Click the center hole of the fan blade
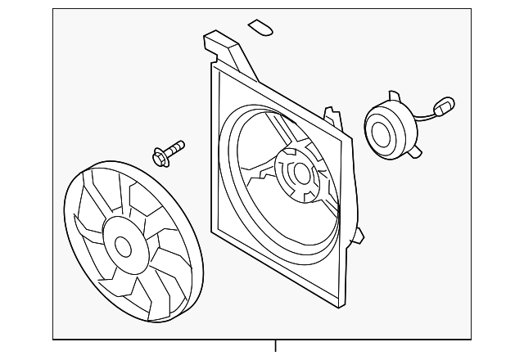coord(124,245)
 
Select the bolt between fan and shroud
coord(169,151)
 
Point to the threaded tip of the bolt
coord(181,145)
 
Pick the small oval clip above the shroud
coord(261,28)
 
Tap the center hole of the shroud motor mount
coord(300,173)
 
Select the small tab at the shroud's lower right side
coord(357,236)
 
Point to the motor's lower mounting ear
coord(418,151)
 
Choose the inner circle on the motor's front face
coord(381,130)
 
